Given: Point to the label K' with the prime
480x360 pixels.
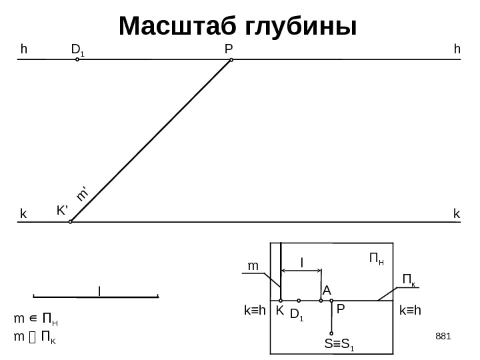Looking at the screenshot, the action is pyautogui.click(x=63, y=210).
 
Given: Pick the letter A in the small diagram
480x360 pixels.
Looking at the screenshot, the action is pyautogui.click(x=327, y=291).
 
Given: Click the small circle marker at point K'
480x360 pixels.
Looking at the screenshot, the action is pyautogui.click(x=71, y=223).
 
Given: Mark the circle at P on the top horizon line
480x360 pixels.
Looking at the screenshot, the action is pyautogui.click(x=231, y=60).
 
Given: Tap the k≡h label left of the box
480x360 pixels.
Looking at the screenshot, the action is pyautogui.click(x=255, y=311).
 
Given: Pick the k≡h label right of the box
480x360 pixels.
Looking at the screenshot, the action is pyautogui.click(x=413, y=311).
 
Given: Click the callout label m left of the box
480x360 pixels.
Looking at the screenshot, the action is pyautogui.click(x=253, y=266).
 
